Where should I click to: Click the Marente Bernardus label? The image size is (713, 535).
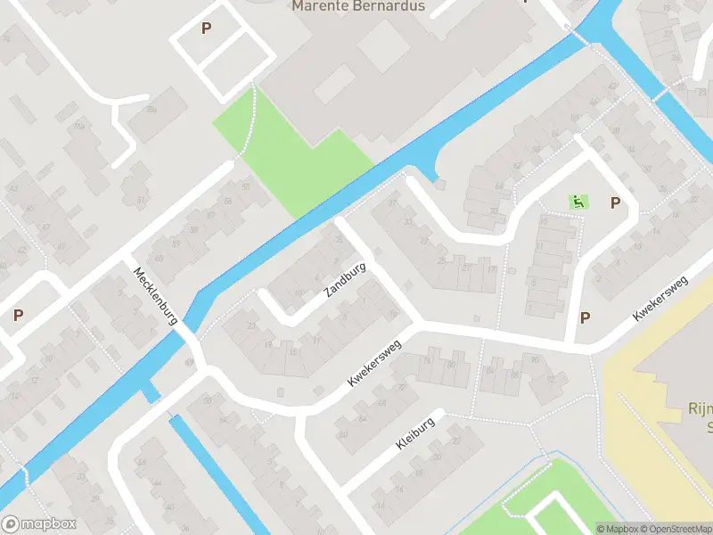(x=359, y=6)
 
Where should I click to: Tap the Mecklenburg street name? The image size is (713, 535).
(x=158, y=295)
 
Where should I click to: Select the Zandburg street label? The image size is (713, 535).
(x=347, y=279)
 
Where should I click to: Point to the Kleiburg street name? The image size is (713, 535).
(x=417, y=432)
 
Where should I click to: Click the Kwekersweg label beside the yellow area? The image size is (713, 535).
(x=660, y=299)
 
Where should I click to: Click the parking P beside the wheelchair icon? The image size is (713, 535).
(x=615, y=203)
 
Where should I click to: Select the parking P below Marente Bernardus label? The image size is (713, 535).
(x=206, y=29)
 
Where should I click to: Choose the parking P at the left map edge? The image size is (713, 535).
(x=18, y=315)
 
